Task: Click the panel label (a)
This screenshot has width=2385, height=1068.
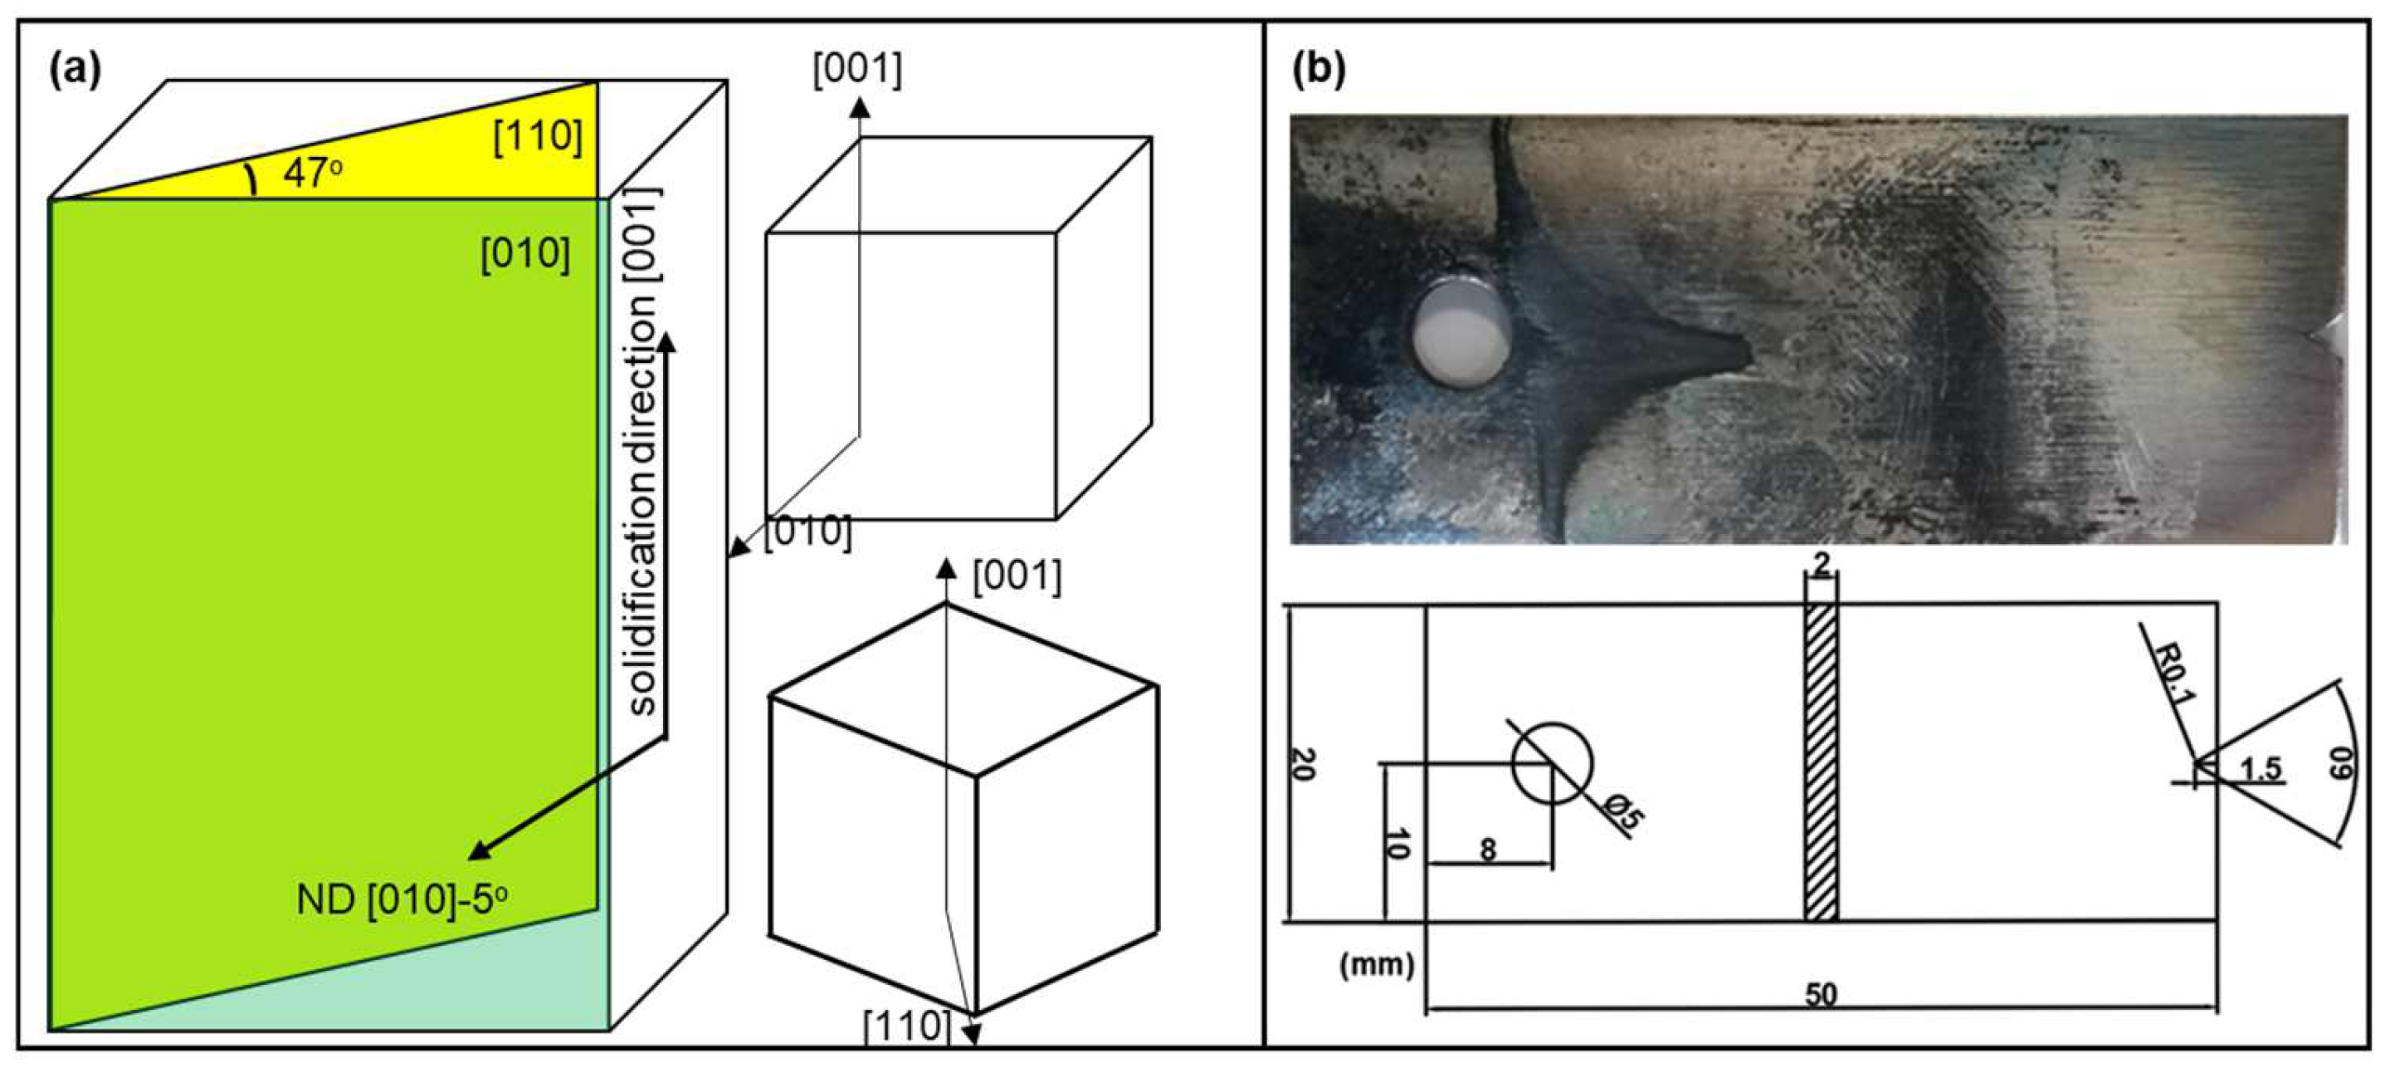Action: click(x=74, y=71)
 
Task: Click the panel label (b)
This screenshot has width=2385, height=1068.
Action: click(x=1319, y=71)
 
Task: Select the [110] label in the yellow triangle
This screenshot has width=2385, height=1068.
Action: click(x=537, y=136)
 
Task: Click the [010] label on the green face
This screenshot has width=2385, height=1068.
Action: click(x=525, y=252)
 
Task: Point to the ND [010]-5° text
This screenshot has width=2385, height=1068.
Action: click(x=402, y=899)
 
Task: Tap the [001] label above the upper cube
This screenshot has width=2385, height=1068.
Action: click(x=856, y=70)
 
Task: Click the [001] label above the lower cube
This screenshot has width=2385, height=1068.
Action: click(x=1016, y=576)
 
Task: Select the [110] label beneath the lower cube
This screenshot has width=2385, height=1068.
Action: click(x=906, y=1025)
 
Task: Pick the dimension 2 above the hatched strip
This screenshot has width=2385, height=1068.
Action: click(x=1822, y=564)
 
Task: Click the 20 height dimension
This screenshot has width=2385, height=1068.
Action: click(x=1302, y=763)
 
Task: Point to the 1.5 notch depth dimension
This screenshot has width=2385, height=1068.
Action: click(x=2260, y=768)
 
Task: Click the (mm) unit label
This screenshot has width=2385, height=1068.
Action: click(x=1377, y=965)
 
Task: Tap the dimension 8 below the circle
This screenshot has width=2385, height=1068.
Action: click(x=1488, y=849)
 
